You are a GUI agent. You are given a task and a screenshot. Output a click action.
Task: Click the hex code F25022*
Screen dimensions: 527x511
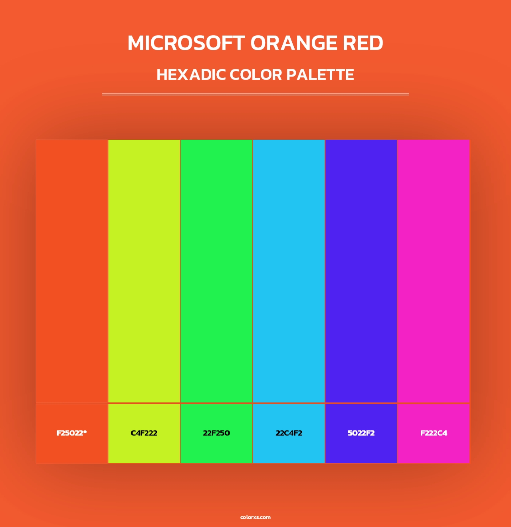pyautogui.click(x=71, y=433)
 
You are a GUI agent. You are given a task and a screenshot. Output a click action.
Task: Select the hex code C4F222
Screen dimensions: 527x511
pyautogui.click(x=144, y=433)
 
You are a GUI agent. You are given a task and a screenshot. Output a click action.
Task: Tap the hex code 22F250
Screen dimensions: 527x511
pyautogui.click(x=216, y=433)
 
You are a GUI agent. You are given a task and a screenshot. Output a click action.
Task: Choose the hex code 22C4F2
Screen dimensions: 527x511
pyautogui.click(x=289, y=433)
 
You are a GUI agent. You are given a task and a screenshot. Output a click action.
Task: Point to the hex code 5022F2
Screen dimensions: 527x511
pyautogui.click(x=361, y=433)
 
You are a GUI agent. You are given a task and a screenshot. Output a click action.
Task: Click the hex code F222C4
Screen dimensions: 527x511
pyautogui.click(x=434, y=433)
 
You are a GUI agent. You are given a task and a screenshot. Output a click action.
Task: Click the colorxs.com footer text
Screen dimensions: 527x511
pyautogui.click(x=255, y=517)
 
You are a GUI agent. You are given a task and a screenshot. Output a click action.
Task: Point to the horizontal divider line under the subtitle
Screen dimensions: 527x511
pyautogui.click(x=255, y=94)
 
